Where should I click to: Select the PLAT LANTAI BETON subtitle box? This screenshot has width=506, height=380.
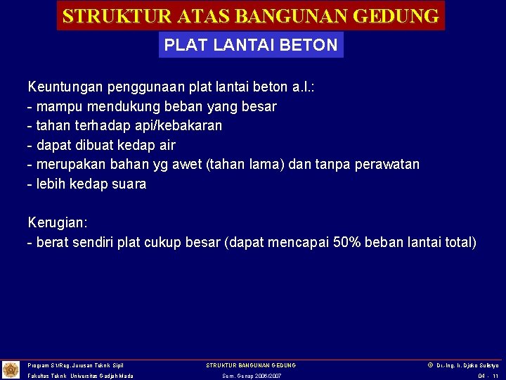click(x=251, y=45)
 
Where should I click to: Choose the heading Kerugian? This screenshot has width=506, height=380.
click(x=58, y=222)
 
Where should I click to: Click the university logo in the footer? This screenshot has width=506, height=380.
click(x=11, y=369)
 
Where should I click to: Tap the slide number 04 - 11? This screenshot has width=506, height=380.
click(x=488, y=376)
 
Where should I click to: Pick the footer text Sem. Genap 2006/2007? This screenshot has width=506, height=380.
click(x=251, y=376)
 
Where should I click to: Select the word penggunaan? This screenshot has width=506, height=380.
click(x=141, y=87)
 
